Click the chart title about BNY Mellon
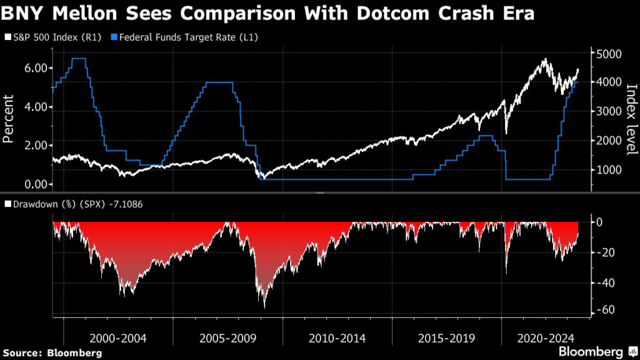pos(269,14)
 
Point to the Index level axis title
pos(630,119)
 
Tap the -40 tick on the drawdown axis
pos(605,282)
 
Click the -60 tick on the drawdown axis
pos(605,311)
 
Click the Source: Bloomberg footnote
pos(52,352)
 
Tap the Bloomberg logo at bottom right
pos(597,351)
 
